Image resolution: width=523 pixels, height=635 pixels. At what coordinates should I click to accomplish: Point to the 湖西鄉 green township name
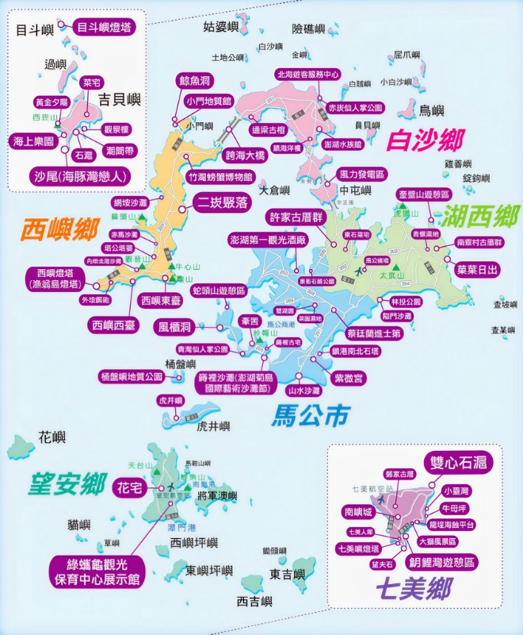tap(471, 215)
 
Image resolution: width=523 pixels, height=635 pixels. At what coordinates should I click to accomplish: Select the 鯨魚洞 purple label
tap(194, 81)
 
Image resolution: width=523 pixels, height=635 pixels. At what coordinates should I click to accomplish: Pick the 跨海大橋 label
tap(245, 156)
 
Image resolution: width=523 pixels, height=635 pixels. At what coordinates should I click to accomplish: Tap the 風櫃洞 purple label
tap(174, 326)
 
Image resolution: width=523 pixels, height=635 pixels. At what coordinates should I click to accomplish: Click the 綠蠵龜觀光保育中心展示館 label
tap(95, 571)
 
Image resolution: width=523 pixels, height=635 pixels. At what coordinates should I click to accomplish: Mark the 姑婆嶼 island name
tap(220, 28)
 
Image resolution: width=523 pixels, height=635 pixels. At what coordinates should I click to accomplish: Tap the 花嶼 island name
tap(52, 437)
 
